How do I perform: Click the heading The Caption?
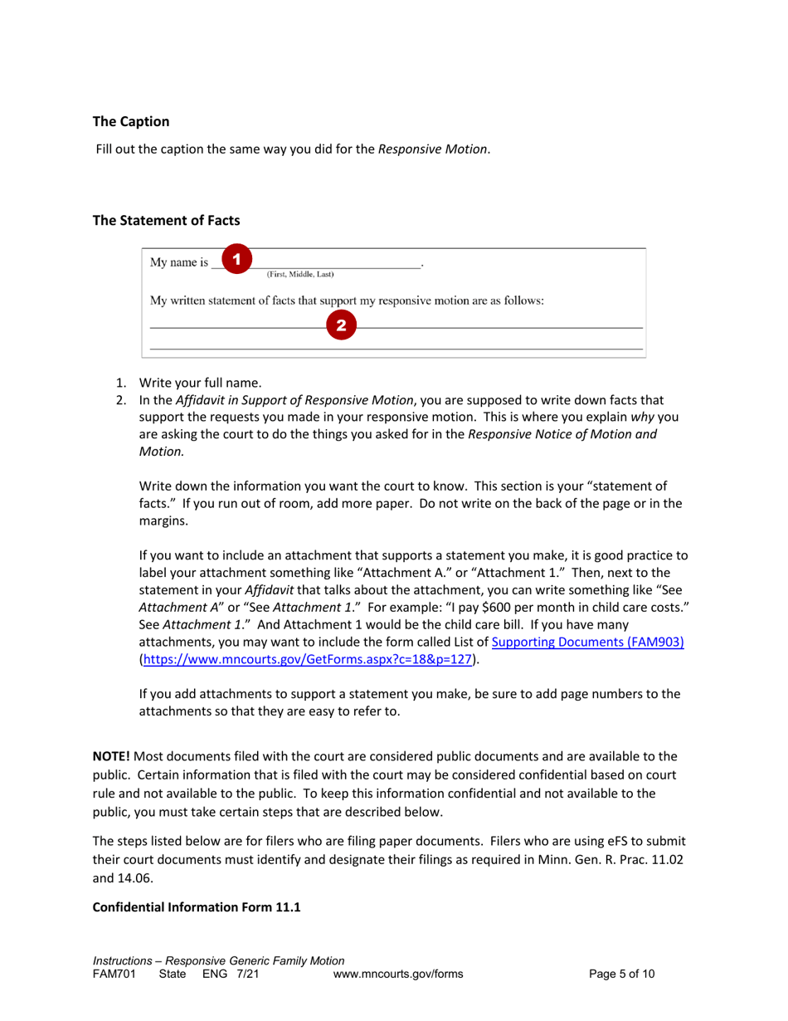[x=131, y=121]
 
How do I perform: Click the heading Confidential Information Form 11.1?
[x=197, y=907]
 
